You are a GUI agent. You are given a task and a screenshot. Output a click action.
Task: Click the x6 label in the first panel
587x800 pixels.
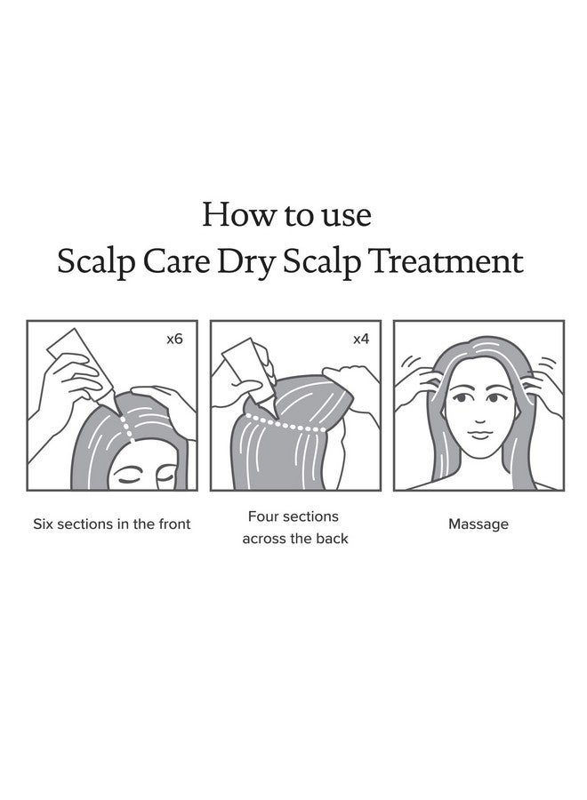(x=174, y=340)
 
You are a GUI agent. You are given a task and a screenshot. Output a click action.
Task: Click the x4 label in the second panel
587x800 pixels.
(x=360, y=340)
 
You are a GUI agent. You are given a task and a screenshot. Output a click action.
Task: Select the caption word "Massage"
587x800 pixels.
(x=478, y=524)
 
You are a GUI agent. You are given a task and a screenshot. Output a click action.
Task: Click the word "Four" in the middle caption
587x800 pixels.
(x=264, y=516)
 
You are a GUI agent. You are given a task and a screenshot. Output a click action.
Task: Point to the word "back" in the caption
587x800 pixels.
(x=329, y=540)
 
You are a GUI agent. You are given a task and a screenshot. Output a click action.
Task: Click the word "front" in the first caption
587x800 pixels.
(x=172, y=524)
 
